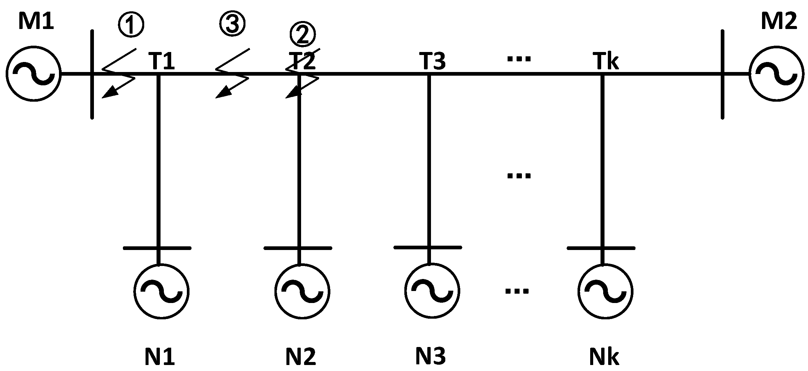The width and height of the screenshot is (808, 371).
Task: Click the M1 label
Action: (x=36, y=22)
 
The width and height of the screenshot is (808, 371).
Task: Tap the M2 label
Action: (x=779, y=22)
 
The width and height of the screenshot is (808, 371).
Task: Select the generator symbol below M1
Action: (x=33, y=74)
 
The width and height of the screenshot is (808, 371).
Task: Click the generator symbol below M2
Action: (x=776, y=74)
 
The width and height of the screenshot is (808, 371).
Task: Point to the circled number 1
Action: (x=131, y=25)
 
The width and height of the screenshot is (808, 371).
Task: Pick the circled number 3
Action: (x=232, y=24)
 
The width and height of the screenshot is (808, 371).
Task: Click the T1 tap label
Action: (x=162, y=61)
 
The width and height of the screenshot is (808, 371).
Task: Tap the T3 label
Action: (x=432, y=61)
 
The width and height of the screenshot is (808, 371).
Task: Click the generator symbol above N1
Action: (x=162, y=291)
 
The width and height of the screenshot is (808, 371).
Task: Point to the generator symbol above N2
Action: (x=302, y=291)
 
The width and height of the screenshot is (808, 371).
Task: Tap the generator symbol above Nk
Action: (x=606, y=291)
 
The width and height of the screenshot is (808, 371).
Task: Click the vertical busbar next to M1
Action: (x=92, y=100)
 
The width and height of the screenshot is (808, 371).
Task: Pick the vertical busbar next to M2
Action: (x=722, y=100)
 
